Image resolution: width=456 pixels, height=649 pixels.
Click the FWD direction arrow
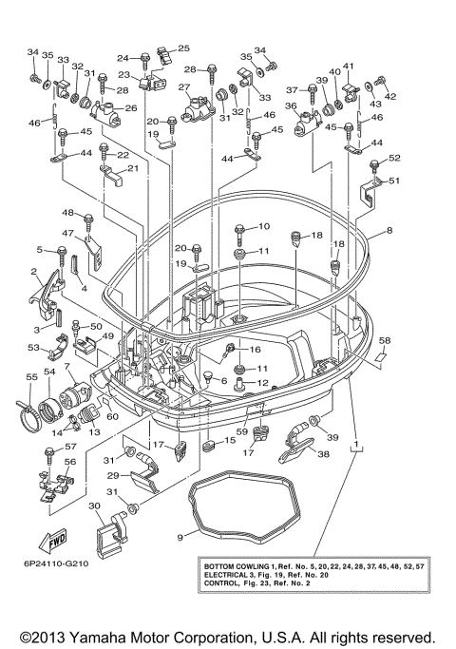[50, 540]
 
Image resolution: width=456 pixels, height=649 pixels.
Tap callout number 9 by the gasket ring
[179, 537]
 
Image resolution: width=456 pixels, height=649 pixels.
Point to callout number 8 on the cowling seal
[389, 230]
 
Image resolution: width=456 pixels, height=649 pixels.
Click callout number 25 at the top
[184, 48]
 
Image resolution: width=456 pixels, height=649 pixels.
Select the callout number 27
[184, 87]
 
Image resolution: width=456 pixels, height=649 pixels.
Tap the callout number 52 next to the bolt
[395, 158]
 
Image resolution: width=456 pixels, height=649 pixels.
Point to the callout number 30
[94, 506]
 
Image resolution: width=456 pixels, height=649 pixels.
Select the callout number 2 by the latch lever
[34, 272]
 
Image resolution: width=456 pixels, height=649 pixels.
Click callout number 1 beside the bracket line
[356, 444]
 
